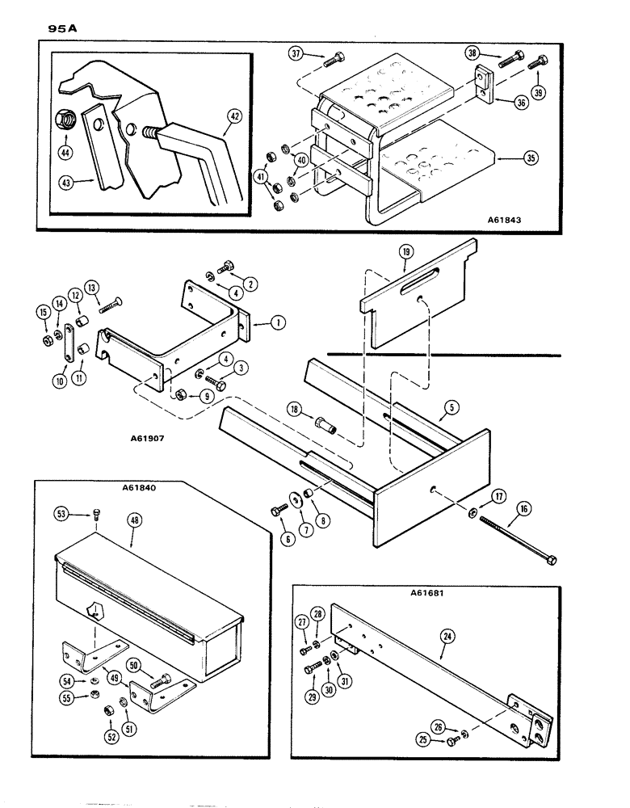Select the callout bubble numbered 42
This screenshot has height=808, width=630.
(234, 116)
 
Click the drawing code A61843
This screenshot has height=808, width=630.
(513, 218)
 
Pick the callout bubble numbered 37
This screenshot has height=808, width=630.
(296, 54)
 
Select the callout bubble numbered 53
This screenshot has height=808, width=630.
(60, 513)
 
